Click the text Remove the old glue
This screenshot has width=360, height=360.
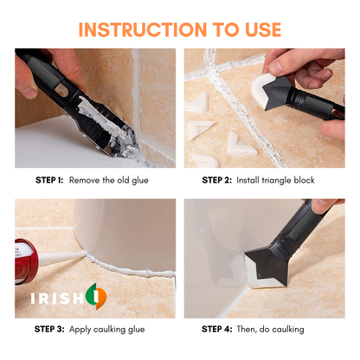point(111,180)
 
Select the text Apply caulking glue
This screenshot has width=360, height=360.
point(107,329)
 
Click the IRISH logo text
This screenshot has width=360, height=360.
point(54,297)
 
